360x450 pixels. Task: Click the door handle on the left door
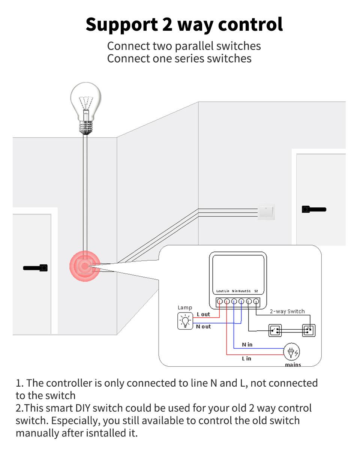click(x=36, y=268)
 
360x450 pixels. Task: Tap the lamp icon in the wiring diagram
click(x=184, y=321)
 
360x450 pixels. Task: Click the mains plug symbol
click(x=292, y=352)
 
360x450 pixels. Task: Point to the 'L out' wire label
click(x=203, y=314)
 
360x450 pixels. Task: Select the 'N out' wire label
click(x=203, y=327)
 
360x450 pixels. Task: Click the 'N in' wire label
click(x=247, y=344)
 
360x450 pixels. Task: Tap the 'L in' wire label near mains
click(x=246, y=358)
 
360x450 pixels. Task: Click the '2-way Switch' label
click(x=287, y=311)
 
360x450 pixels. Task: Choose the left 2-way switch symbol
click(x=275, y=330)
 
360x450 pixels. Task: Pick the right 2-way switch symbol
click(x=309, y=330)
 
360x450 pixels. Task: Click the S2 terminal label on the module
click(x=256, y=291)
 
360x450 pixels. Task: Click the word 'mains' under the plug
click(x=293, y=364)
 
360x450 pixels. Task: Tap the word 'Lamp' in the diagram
click(x=185, y=307)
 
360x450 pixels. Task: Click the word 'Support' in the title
click(x=121, y=24)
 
